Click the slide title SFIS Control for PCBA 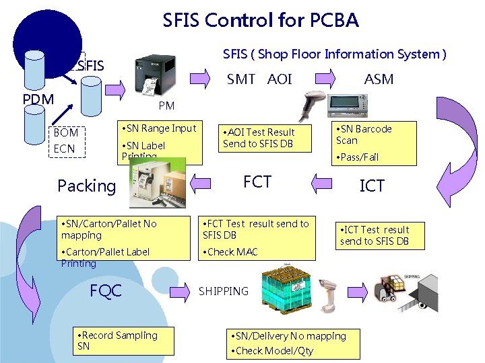(x=261, y=21)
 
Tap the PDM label (x=38, y=99)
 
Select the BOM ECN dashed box (x=67, y=141)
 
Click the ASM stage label (x=379, y=79)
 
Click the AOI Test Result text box (x=259, y=138)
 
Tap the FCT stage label (x=257, y=182)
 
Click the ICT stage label (x=372, y=186)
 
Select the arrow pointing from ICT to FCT (x=324, y=182)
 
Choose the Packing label (x=87, y=186)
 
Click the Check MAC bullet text (x=230, y=252)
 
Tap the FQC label (x=106, y=290)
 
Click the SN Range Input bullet (x=158, y=128)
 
